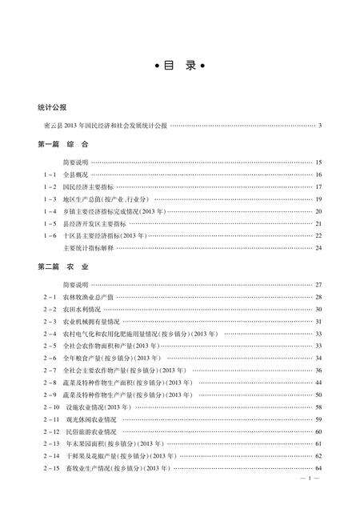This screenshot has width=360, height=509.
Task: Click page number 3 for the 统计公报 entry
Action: tap(319, 125)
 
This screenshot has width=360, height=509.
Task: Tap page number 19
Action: tap(318, 198)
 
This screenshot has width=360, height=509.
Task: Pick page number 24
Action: tap(318, 248)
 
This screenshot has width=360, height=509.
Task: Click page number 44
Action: tap(318, 383)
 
